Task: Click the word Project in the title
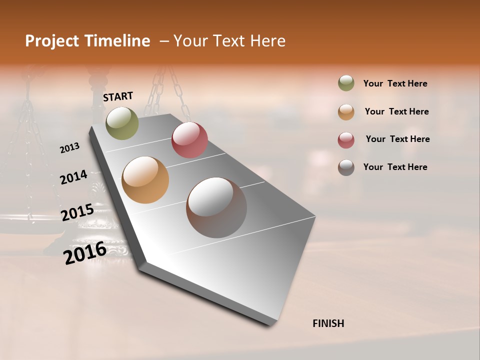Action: [52, 41]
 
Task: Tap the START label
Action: [118, 96]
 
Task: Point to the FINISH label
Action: [328, 323]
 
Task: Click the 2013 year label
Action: [69, 148]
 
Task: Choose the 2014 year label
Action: [73, 177]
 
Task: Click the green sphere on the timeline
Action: [122, 123]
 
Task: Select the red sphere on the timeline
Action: [189, 140]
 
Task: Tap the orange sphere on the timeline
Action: [145, 180]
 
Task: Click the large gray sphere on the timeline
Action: [216, 207]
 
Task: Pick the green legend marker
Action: [346, 83]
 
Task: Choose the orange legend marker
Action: [346, 112]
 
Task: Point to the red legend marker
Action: [346, 140]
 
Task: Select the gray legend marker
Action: [346, 167]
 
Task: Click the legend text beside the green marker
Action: [395, 84]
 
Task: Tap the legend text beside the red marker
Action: [397, 139]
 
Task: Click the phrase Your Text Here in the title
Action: [229, 41]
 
